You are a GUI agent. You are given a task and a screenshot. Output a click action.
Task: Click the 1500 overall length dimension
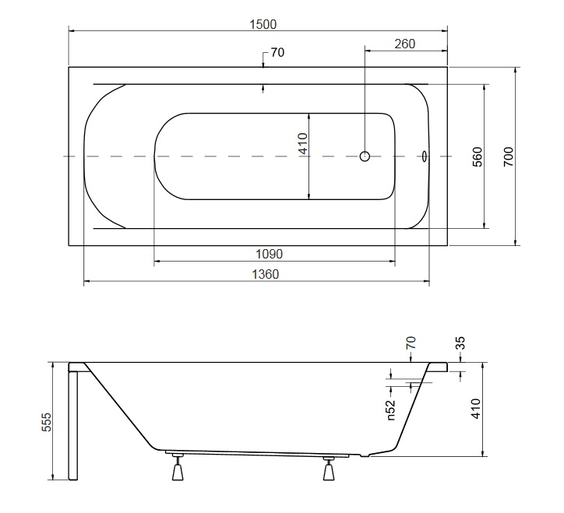(263, 24)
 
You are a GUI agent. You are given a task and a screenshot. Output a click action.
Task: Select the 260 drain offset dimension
(404, 44)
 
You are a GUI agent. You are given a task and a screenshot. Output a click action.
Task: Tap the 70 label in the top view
(277, 52)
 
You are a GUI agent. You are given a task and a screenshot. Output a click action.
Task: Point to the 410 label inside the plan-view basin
(303, 143)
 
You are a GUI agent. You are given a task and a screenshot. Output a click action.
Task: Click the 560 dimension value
(477, 156)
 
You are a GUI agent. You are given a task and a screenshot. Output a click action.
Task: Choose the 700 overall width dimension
(508, 156)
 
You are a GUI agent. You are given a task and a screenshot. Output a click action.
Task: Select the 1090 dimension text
(269, 254)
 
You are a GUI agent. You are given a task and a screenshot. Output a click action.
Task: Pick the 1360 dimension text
(265, 274)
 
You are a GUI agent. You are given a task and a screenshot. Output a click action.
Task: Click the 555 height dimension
(47, 422)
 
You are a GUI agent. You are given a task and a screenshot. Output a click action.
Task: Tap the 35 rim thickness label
(460, 343)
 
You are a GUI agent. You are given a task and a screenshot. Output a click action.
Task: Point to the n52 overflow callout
(390, 409)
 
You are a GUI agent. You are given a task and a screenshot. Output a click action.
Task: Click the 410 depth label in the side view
(475, 409)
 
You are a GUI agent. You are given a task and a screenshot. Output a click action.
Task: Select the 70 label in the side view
(411, 343)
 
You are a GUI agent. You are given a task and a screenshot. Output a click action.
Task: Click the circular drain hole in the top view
(365, 156)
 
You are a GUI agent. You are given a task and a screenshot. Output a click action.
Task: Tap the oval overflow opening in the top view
(425, 156)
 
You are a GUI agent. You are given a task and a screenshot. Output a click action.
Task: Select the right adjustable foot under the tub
(329, 469)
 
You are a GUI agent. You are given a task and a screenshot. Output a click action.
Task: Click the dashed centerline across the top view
(258, 156)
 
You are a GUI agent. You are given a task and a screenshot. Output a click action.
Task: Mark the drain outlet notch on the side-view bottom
(365, 456)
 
